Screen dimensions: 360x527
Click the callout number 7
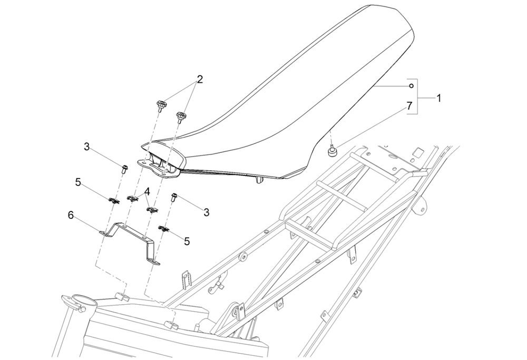click(409, 106)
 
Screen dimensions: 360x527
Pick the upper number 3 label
click(86, 147)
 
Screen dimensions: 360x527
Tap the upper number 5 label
click(78, 183)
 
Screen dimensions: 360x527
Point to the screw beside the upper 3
click(123, 169)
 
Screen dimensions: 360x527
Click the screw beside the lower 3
click(174, 198)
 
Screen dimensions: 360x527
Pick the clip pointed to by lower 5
click(163, 228)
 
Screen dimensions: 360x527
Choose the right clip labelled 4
click(152, 210)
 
